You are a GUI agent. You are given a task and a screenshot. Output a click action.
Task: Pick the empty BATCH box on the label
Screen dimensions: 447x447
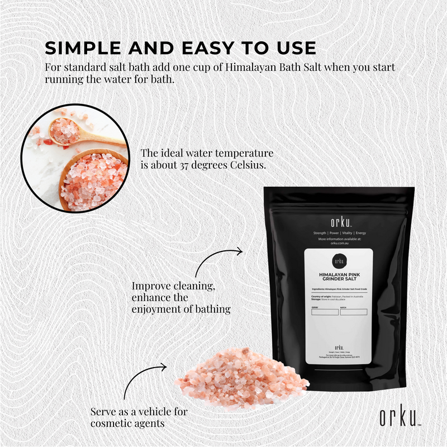coord(356,312)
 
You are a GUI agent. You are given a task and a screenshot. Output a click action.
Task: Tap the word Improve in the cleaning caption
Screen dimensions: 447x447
coord(149,286)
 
